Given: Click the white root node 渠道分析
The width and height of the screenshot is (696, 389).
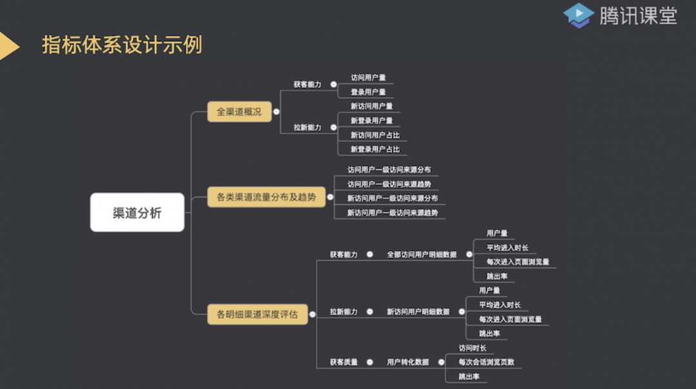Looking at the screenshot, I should tap(137, 213).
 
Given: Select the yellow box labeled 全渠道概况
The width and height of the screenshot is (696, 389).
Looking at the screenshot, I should tap(239, 112).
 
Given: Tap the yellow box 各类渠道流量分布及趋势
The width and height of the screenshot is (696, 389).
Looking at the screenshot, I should tap(266, 197).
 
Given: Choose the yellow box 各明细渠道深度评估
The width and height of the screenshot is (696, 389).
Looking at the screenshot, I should tap(257, 315).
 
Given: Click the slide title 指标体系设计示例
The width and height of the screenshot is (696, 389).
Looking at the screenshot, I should tap(122, 45).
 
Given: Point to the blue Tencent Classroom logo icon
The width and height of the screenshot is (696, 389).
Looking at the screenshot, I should tap(578, 15).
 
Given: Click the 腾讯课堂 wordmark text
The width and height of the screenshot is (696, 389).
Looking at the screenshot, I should tap(638, 15).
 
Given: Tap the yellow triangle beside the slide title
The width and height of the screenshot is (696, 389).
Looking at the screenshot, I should tap(8, 46).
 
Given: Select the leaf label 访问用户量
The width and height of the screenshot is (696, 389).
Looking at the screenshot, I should tap(368, 78).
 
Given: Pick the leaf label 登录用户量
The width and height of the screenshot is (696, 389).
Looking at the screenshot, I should tap(368, 92).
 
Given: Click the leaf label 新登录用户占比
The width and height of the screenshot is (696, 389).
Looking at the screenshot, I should tap(375, 149).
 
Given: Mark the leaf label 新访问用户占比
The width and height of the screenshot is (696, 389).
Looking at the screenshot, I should tap(375, 135).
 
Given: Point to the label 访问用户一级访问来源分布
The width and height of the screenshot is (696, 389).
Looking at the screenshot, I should tap(389, 170).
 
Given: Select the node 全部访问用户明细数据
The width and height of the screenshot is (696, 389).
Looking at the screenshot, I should tap(421, 255).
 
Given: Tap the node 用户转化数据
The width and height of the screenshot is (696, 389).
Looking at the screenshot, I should tap(407, 362).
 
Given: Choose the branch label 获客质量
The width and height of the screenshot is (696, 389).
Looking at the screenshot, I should tap(343, 362).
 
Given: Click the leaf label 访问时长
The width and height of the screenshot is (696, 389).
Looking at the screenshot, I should tap(472, 348).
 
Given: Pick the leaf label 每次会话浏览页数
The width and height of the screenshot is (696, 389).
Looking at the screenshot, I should tap(487, 362).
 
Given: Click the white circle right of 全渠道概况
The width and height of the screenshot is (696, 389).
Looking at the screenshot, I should tap(276, 112).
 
